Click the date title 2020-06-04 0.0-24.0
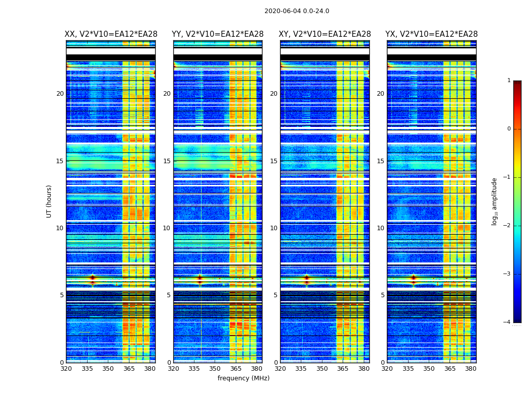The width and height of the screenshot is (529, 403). (x=297, y=11)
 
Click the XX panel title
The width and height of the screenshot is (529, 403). (x=111, y=34)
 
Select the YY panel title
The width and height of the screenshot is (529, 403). (x=218, y=34)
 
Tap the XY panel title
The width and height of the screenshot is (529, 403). (x=325, y=34)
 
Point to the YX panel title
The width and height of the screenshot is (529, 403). (x=432, y=34)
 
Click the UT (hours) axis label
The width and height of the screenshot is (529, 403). (x=49, y=201)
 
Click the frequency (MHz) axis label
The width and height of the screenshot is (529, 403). (x=243, y=378)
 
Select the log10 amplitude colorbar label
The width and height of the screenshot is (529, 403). (x=495, y=201)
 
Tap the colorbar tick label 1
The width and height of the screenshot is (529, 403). (x=509, y=81)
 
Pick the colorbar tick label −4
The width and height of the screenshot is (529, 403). (x=507, y=322)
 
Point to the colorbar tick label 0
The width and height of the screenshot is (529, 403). (x=509, y=129)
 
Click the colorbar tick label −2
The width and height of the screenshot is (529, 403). (x=507, y=226)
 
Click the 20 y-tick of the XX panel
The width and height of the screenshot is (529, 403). (x=60, y=94)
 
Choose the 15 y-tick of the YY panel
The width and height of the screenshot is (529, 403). (x=167, y=161)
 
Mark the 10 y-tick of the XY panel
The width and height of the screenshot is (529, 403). (x=274, y=228)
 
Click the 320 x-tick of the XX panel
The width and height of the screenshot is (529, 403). (x=66, y=369)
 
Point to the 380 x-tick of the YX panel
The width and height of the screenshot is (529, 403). (x=471, y=369)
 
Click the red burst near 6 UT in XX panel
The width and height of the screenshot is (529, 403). (x=92, y=278)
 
